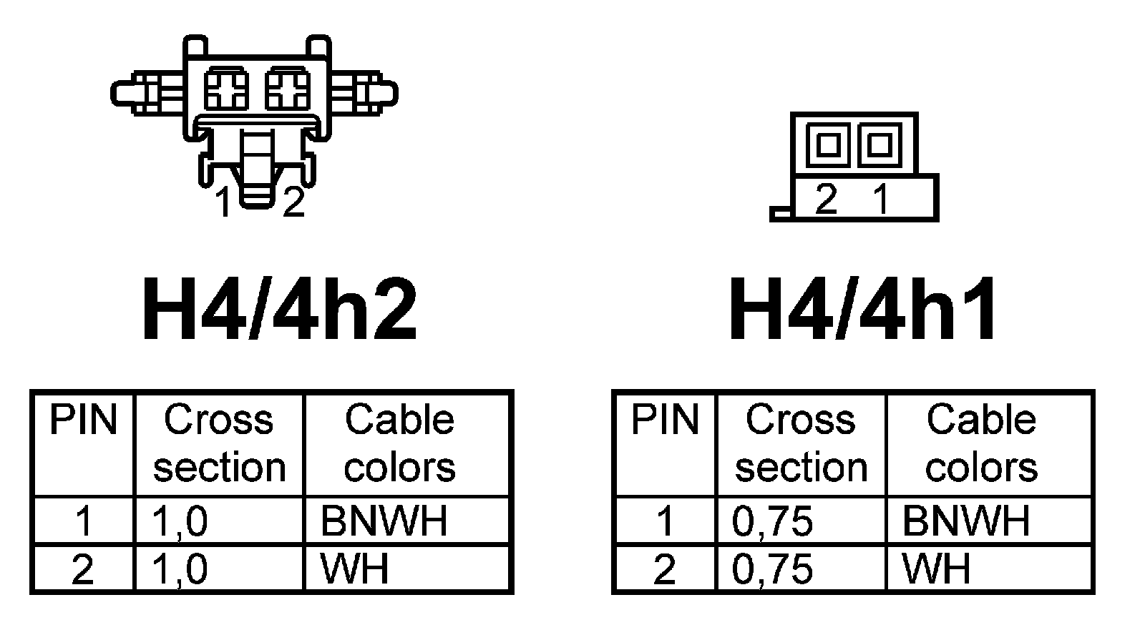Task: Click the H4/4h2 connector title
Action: [279, 310]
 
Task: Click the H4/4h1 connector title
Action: [863, 310]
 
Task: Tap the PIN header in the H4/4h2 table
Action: [82, 420]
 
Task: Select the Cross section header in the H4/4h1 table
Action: [801, 443]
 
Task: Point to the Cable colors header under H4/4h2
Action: [399, 443]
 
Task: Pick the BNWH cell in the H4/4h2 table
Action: [384, 521]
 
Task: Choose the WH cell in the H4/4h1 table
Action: [936, 569]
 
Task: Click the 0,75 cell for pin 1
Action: [773, 521]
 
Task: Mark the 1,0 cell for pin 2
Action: [180, 569]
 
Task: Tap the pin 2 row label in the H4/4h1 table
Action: [664, 569]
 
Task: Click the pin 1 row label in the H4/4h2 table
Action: [83, 521]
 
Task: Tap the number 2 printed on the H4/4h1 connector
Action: [827, 199]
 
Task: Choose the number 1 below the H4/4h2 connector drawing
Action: [224, 203]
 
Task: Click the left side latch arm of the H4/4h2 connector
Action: [147, 94]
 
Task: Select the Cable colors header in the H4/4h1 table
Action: [981, 443]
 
